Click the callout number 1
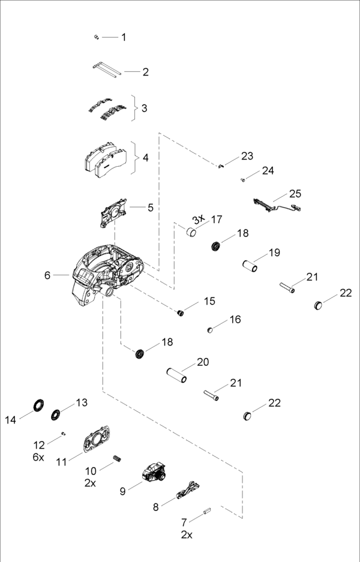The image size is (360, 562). coord(124,37)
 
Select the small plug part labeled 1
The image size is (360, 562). coord(96,37)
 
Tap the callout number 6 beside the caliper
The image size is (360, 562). coord(47,275)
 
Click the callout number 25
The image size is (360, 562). coord(295,194)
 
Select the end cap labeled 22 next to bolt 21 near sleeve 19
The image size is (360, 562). coord(320,305)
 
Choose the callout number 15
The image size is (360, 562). coord(209,300)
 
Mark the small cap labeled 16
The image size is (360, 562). coord(211,329)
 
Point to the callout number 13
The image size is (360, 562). coord(82,402)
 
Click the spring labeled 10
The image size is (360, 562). coord(118,459)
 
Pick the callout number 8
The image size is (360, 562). coord(156,507)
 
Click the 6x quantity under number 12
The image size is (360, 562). coord(38,457)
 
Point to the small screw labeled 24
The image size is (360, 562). coord(243,179)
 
